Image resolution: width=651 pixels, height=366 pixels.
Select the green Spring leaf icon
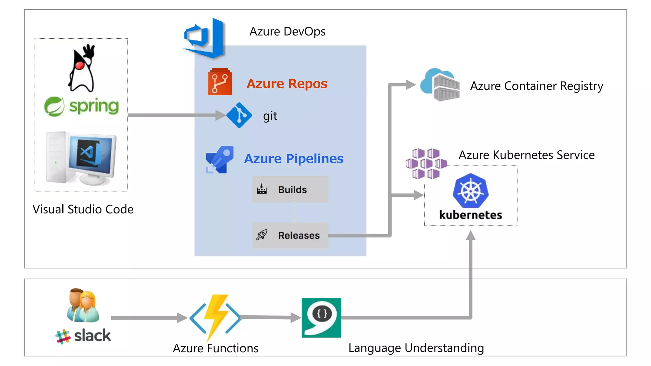54,106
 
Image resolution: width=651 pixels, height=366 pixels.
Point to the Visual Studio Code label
83,209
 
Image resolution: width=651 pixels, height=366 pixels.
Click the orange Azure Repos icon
220,82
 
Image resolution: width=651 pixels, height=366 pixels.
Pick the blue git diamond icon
239,115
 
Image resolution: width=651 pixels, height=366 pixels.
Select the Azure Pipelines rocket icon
220,159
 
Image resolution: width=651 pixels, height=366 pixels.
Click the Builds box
290,190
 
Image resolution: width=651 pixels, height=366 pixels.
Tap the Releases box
290,235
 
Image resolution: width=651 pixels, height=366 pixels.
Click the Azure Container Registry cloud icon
440,85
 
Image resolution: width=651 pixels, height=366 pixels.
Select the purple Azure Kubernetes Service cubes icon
426,164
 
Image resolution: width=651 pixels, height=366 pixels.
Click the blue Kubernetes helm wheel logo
470,191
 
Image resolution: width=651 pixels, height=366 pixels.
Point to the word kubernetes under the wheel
470,215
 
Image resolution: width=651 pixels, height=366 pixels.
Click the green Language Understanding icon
321,318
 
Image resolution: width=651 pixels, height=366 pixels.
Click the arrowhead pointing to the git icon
221,115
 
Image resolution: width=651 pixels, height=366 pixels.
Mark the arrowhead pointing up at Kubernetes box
471,235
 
